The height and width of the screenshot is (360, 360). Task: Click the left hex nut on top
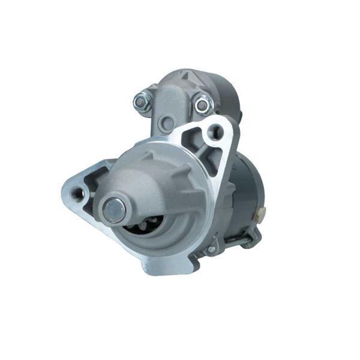point(141,101)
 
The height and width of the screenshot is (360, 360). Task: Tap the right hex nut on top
point(203,106)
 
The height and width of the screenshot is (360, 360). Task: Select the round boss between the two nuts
point(168,124)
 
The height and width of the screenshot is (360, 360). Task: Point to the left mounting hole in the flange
point(77,193)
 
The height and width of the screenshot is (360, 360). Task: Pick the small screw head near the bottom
point(211,248)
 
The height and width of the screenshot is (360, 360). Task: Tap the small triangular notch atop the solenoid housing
point(186,76)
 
